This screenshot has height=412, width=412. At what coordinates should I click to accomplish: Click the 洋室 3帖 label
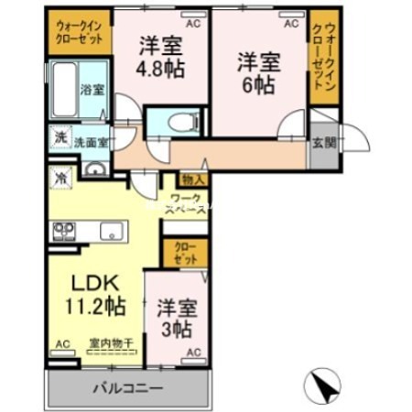point(174,318)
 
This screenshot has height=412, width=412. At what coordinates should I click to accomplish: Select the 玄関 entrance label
point(323,142)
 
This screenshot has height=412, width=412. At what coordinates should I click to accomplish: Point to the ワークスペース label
point(188,203)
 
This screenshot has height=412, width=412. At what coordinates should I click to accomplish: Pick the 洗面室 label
point(91,143)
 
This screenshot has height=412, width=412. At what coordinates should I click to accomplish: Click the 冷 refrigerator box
point(60,176)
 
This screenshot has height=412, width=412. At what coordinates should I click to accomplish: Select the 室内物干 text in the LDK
point(107,343)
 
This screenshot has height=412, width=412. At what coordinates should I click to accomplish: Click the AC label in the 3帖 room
point(193,352)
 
